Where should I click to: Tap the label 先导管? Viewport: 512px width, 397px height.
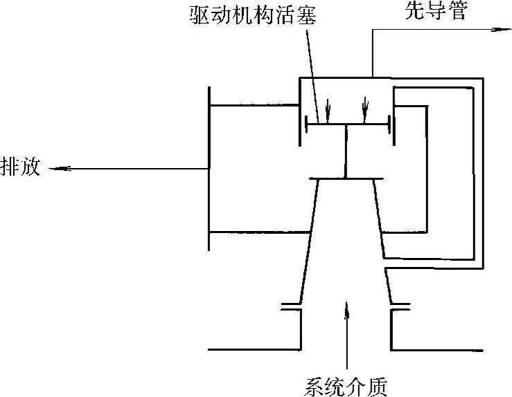click(435, 12)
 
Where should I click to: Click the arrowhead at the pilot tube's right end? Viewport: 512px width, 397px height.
click(496, 29)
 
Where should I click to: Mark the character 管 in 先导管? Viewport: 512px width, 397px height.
click(455, 12)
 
